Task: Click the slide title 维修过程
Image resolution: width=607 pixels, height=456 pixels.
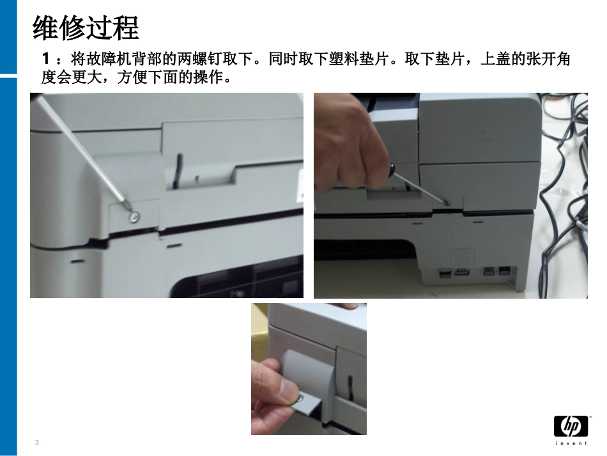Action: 85,29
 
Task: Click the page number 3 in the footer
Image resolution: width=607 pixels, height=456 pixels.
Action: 36,443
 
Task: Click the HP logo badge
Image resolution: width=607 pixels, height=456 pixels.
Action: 570,425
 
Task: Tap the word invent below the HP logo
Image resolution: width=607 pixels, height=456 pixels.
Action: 570,443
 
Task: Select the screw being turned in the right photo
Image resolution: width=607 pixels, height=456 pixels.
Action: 447,203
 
